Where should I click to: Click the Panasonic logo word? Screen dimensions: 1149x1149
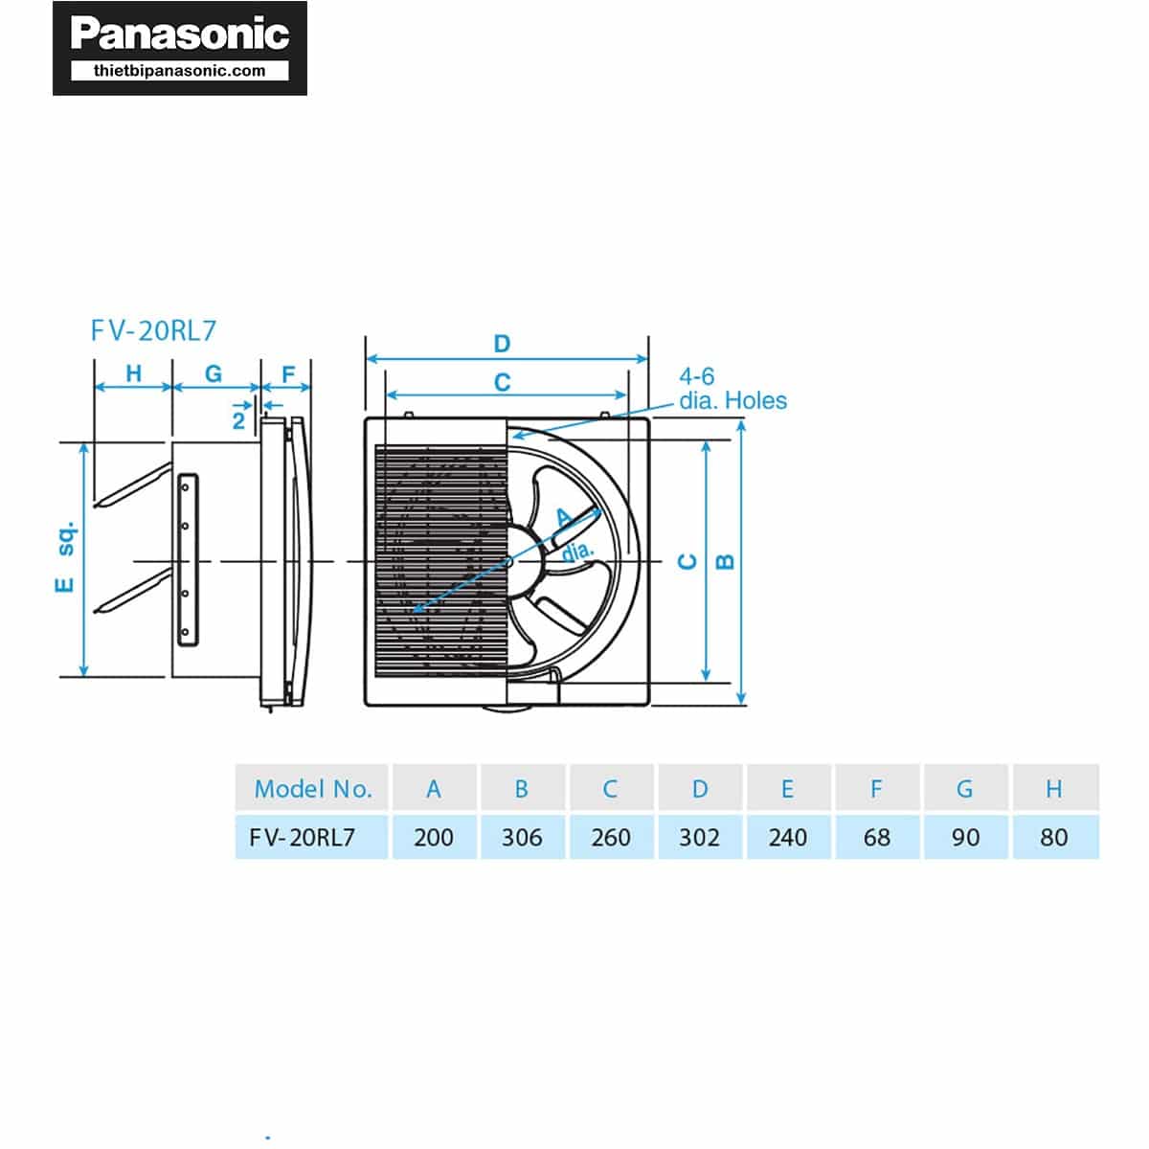coord(180,34)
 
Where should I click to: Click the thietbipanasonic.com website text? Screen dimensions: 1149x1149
coord(180,71)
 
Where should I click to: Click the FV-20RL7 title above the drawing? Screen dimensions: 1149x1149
coord(154,331)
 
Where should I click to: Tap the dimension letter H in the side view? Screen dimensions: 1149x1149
coord(133,373)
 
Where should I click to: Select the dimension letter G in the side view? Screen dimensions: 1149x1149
coord(214,373)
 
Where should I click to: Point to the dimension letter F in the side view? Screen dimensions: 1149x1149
coord(289,373)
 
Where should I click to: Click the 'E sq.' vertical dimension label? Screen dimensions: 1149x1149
coord(65,558)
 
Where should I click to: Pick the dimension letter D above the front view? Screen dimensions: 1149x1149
coord(502,344)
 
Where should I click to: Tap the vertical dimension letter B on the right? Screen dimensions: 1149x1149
coord(726,561)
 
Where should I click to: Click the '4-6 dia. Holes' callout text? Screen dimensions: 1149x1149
coord(732,389)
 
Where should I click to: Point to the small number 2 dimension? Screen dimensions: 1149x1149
coord(238,420)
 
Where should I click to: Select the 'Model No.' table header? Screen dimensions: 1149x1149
coord(312,789)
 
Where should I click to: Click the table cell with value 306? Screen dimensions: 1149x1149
coord(522,838)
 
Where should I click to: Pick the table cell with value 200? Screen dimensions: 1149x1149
coord(434,838)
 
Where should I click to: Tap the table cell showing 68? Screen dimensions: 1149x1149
coord(876,838)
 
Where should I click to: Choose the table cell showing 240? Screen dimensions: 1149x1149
coord(787,838)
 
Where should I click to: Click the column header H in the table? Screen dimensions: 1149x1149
coord(1053,789)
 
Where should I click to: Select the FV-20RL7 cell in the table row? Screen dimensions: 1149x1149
coord(303,838)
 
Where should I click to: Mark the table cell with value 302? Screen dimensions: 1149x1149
coord(699,838)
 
